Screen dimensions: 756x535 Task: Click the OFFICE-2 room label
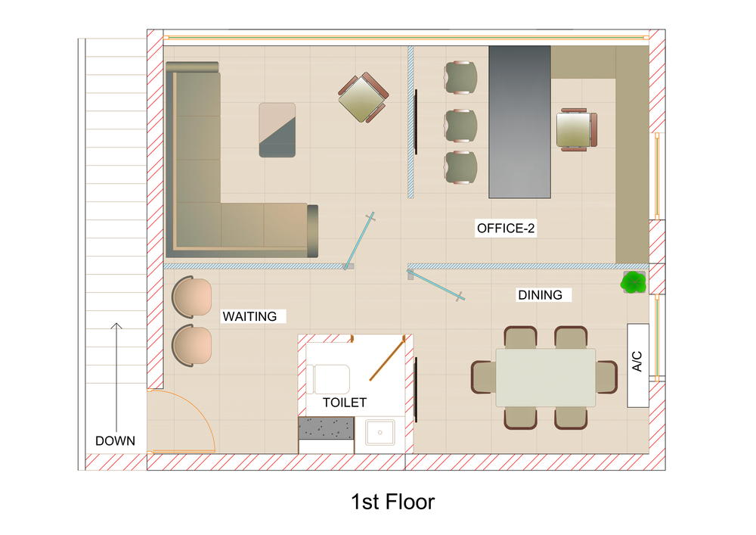click(x=506, y=229)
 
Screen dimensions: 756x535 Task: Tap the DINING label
click(x=540, y=295)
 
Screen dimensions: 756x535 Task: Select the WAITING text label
click(x=249, y=316)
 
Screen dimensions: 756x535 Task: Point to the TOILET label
click(x=344, y=403)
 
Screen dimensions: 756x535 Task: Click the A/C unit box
click(x=637, y=365)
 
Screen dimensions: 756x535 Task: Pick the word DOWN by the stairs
click(x=115, y=441)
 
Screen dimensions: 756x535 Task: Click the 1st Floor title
click(x=392, y=502)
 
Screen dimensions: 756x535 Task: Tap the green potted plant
click(x=634, y=282)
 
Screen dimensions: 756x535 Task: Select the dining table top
click(x=545, y=378)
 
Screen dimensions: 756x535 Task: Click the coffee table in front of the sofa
click(x=277, y=129)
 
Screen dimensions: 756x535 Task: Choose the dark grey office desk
click(x=520, y=122)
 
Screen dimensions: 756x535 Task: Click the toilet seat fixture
click(x=328, y=379)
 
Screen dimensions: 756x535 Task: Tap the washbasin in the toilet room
click(x=380, y=432)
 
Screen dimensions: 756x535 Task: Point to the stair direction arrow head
click(x=116, y=325)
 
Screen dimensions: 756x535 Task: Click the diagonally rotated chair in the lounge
click(x=363, y=98)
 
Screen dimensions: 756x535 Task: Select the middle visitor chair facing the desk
click(x=460, y=126)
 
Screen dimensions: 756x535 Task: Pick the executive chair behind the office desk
click(x=577, y=129)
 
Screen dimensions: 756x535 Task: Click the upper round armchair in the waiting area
click(x=191, y=297)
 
